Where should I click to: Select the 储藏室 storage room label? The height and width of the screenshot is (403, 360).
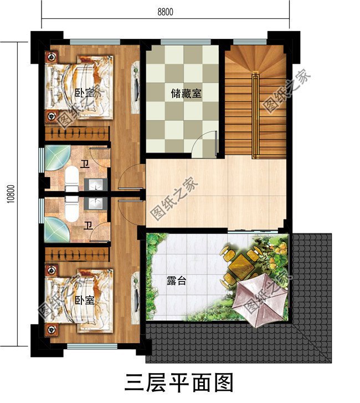coord(186,95)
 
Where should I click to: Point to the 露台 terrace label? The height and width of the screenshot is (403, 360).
coord(176,282)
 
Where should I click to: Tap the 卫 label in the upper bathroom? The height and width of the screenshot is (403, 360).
coord(85,164)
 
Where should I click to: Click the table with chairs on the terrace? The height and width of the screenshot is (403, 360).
coord(240,260)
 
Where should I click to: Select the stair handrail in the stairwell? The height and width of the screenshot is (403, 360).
coord(255,116)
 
